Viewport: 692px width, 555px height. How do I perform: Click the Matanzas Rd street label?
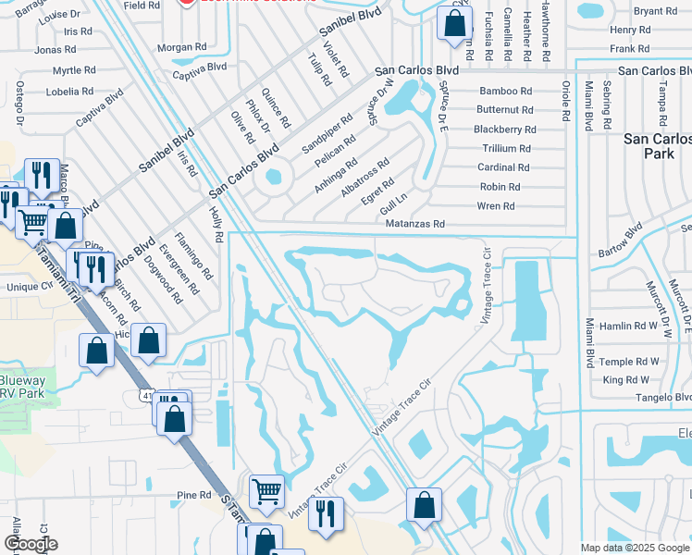pyautogui.click(x=415, y=224)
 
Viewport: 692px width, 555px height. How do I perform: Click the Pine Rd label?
pyautogui.click(x=193, y=496)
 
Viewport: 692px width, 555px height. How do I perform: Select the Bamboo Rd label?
pyautogui.click(x=505, y=91)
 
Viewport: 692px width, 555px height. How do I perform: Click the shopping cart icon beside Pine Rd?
pyautogui.click(x=266, y=490)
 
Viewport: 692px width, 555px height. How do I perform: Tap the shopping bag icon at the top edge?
pyautogui.click(x=453, y=24)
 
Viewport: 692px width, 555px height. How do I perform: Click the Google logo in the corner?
pyautogui.click(x=31, y=544)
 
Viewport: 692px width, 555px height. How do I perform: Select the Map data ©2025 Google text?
pyautogui.click(x=634, y=548)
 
